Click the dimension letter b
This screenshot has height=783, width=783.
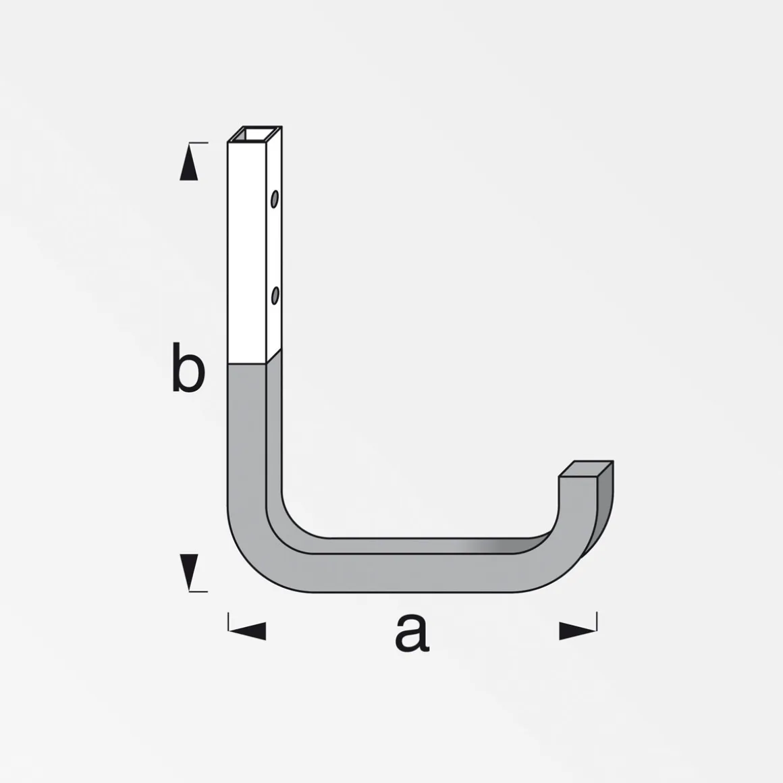pyautogui.click(x=188, y=367)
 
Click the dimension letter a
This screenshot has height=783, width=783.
pyautogui.click(x=412, y=632)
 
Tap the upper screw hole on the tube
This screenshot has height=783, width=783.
pyautogui.click(x=274, y=198)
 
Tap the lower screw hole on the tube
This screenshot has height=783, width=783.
pyautogui.click(x=275, y=296)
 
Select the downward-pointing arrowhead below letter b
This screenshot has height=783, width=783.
pyautogui.click(x=189, y=572)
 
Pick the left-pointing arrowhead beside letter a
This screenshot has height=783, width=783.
pyautogui.click(x=248, y=630)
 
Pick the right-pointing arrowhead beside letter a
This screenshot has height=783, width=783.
pyautogui.click(x=577, y=630)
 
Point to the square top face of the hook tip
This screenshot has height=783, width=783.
pyautogui.click(x=586, y=469)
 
